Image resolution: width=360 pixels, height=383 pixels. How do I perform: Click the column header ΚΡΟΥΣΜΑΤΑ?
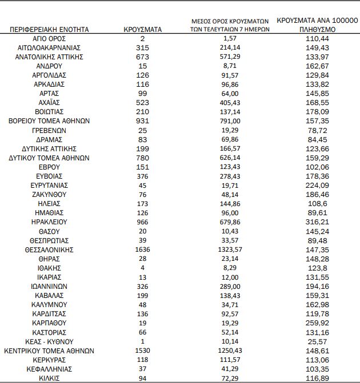tap(142, 29)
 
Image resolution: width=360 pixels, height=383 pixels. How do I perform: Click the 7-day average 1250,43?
tap(233, 350)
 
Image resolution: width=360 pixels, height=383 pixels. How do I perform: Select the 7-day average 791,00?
tap(233, 121)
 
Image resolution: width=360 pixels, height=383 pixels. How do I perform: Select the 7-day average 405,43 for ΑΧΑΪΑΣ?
tap(233, 102)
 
